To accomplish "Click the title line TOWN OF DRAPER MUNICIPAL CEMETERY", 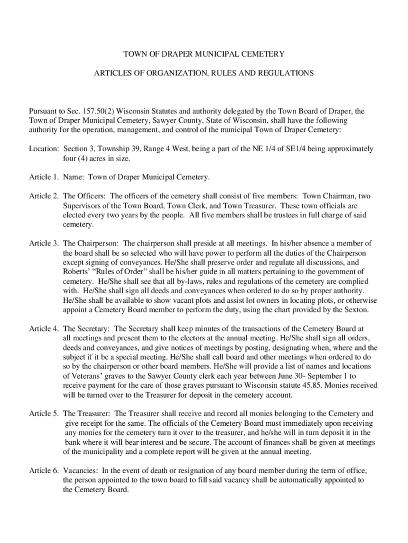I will point(204,54).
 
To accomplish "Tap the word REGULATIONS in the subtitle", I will point(286,73).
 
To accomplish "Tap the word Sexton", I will point(356,310).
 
